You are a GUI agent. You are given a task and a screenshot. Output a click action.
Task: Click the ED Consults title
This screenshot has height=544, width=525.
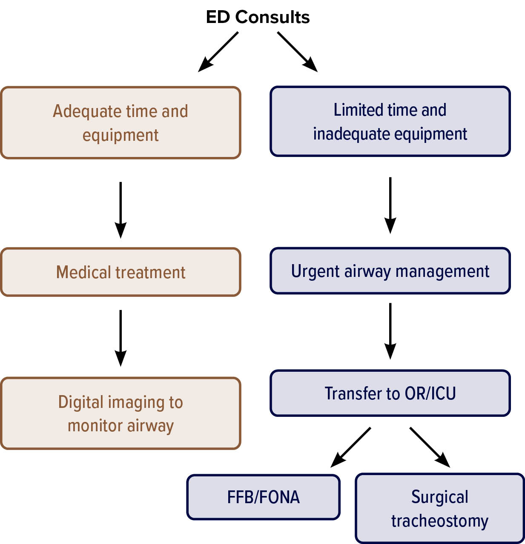(258, 17)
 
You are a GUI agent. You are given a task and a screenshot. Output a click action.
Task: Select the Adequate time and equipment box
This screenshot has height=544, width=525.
(120, 123)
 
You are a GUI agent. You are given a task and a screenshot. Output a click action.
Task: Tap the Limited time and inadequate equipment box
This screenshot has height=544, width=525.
(390, 122)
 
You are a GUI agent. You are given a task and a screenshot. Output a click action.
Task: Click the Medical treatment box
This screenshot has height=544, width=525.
(120, 272)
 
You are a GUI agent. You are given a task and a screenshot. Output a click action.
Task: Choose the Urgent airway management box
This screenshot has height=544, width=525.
(390, 271)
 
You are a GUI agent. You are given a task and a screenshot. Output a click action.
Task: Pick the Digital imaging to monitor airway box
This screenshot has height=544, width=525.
(120, 413)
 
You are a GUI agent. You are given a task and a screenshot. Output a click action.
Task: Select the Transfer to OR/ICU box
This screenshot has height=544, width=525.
(390, 393)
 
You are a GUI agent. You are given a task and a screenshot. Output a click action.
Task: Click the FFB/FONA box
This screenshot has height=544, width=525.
(263, 497)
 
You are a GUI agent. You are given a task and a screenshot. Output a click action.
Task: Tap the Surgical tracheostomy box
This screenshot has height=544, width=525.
(439, 509)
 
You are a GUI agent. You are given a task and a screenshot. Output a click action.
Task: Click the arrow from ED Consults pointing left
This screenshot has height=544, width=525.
(218, 52)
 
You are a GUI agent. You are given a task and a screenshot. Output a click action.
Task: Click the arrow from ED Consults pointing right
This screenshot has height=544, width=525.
(298, 52)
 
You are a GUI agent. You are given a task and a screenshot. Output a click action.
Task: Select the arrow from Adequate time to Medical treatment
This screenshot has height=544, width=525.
(120, 210)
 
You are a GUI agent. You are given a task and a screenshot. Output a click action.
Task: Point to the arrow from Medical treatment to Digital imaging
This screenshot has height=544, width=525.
(120, 338)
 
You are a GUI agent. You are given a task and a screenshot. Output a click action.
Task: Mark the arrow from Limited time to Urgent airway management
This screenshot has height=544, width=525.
(390, 205)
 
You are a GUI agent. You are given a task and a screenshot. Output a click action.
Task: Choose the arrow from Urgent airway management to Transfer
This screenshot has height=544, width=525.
(390, 331)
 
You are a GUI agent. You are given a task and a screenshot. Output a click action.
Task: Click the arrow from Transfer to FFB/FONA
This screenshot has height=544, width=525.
(351, 447)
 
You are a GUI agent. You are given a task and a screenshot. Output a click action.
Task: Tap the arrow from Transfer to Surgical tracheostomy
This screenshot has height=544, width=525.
(430, 447)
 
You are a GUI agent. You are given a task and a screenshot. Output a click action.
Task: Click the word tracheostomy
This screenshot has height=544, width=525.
(439, 521)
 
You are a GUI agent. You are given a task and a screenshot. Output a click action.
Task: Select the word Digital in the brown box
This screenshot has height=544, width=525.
(81, 402)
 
